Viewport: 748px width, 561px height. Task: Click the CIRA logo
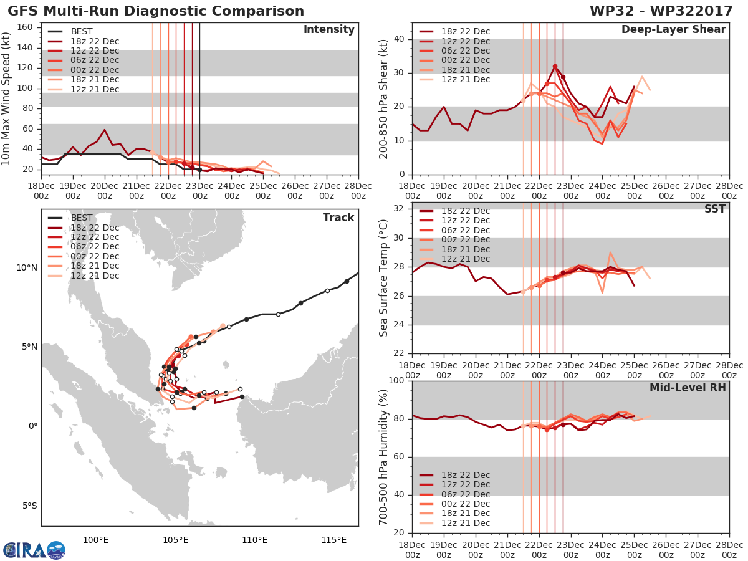34,550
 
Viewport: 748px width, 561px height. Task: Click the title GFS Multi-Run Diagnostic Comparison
156,11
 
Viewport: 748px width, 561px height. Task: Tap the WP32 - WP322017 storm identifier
661,11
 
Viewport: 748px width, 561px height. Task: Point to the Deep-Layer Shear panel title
673,30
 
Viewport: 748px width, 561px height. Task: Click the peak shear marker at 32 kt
555,67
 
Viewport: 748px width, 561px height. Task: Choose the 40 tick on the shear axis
399,39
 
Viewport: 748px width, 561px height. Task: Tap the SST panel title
715,209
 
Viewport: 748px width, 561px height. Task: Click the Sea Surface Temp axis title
383,278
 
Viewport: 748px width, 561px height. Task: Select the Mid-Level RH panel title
688,388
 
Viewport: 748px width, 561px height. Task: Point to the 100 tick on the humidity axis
396,380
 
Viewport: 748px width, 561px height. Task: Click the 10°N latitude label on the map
27,268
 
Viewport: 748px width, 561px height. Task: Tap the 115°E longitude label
333,540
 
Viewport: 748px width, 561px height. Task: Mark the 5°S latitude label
30,506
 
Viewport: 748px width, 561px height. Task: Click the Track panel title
338,218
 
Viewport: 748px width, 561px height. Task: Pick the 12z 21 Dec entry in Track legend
84,276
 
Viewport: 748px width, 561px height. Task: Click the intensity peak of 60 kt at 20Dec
105,130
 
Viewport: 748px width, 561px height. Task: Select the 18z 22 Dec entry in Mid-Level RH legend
454,475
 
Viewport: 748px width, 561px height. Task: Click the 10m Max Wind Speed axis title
6,98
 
